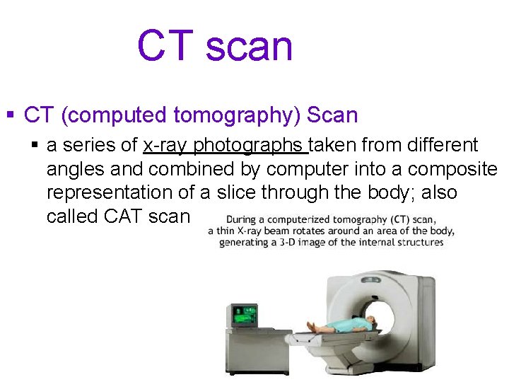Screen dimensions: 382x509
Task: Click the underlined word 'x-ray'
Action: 165,146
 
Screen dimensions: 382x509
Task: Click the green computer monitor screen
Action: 246,313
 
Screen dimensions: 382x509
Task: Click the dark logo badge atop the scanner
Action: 384,277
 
